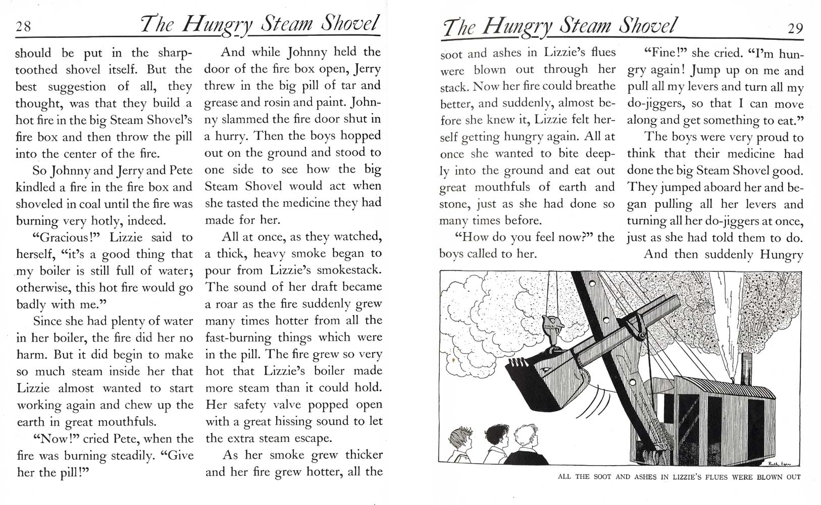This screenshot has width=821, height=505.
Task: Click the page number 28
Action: (23, 26)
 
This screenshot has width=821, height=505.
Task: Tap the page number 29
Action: (795, 28)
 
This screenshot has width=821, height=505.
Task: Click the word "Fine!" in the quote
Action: (666, 53)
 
